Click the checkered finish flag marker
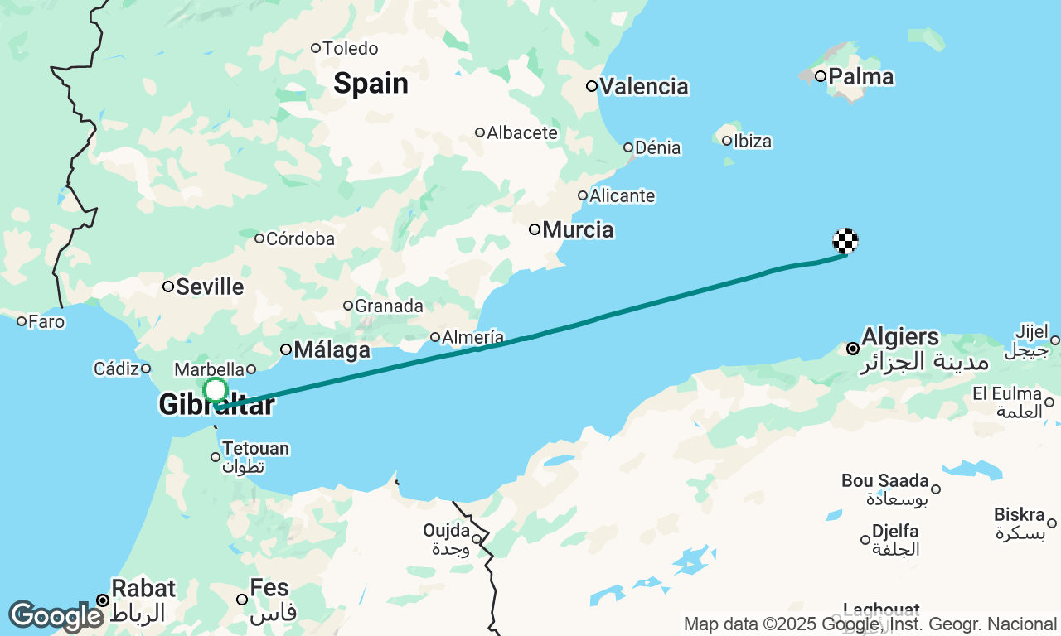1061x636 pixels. (845, 241)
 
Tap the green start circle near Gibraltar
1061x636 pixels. (215, 390)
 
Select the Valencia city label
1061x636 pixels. (643, 86)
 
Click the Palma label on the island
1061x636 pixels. (860, 77)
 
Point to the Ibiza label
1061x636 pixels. (752, 141)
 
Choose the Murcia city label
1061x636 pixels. (578, 229)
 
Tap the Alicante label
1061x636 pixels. (621, 196)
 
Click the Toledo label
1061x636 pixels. (350, 48)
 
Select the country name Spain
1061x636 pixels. (371, 84)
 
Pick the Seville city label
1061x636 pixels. (210, 287)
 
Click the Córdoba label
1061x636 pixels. (299, 238)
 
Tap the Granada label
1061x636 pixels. (388, 306)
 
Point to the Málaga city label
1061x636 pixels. (332, 350)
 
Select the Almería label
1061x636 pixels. (472, 337)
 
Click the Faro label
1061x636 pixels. (46, 321)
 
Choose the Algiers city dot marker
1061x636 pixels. (852, 349)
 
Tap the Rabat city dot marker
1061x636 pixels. (102, 600)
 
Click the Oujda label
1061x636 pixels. (447, 530)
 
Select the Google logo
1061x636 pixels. (56, 616)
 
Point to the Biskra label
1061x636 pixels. (1019, 515)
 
